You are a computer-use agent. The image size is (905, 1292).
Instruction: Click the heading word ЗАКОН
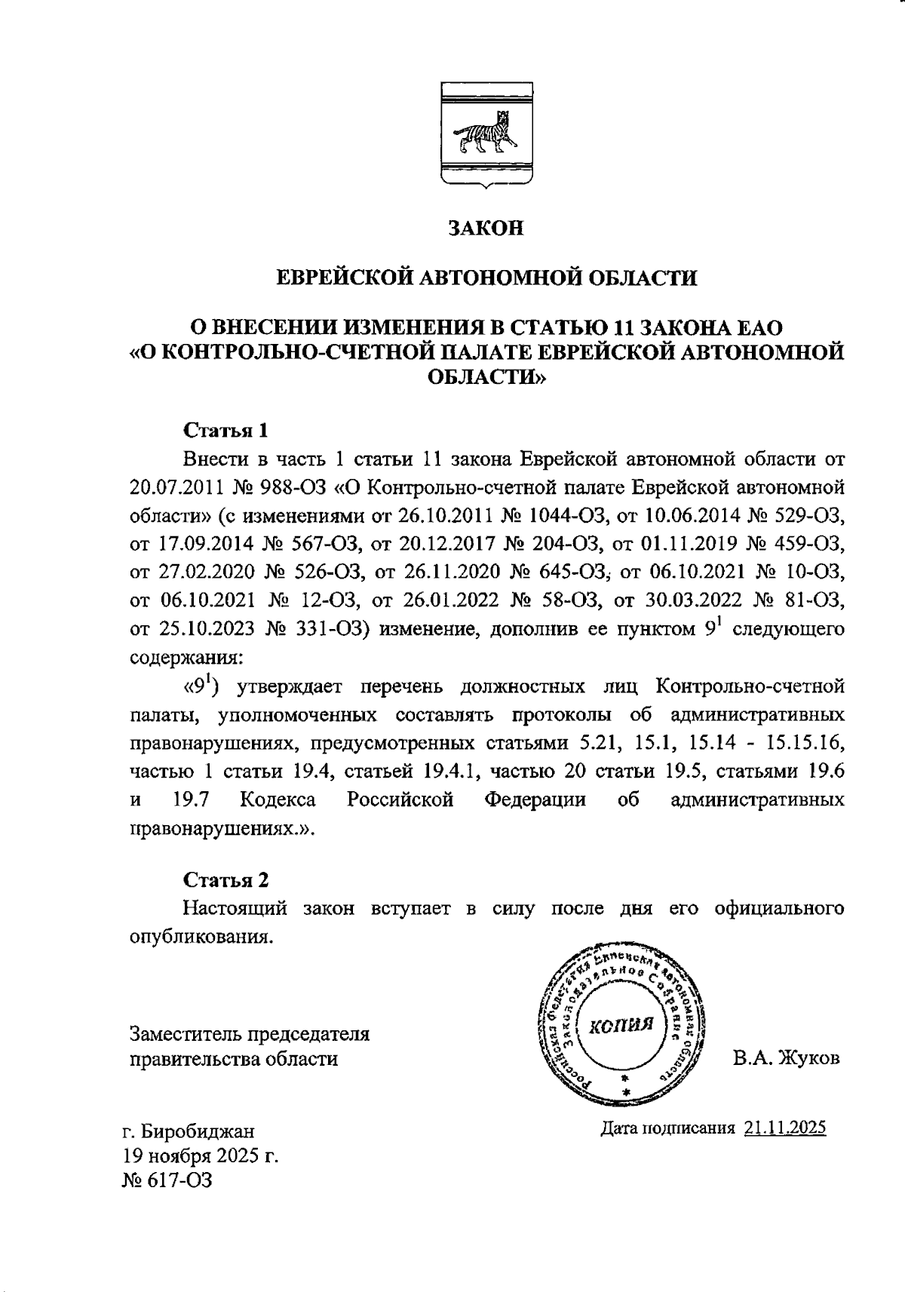coord(486,229)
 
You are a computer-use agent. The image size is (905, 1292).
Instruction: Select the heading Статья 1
coord(225,431)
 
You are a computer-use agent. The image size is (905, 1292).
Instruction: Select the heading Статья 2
coord(225,879)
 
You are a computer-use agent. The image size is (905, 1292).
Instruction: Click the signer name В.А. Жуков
coord(786,1058)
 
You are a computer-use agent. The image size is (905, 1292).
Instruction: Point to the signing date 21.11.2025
coord(784,1128)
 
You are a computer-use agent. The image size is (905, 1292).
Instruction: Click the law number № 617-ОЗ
coord(167,1180)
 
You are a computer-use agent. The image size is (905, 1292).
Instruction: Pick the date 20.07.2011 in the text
coord(183,487)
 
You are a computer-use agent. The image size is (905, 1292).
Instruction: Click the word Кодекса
coord(278,799)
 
